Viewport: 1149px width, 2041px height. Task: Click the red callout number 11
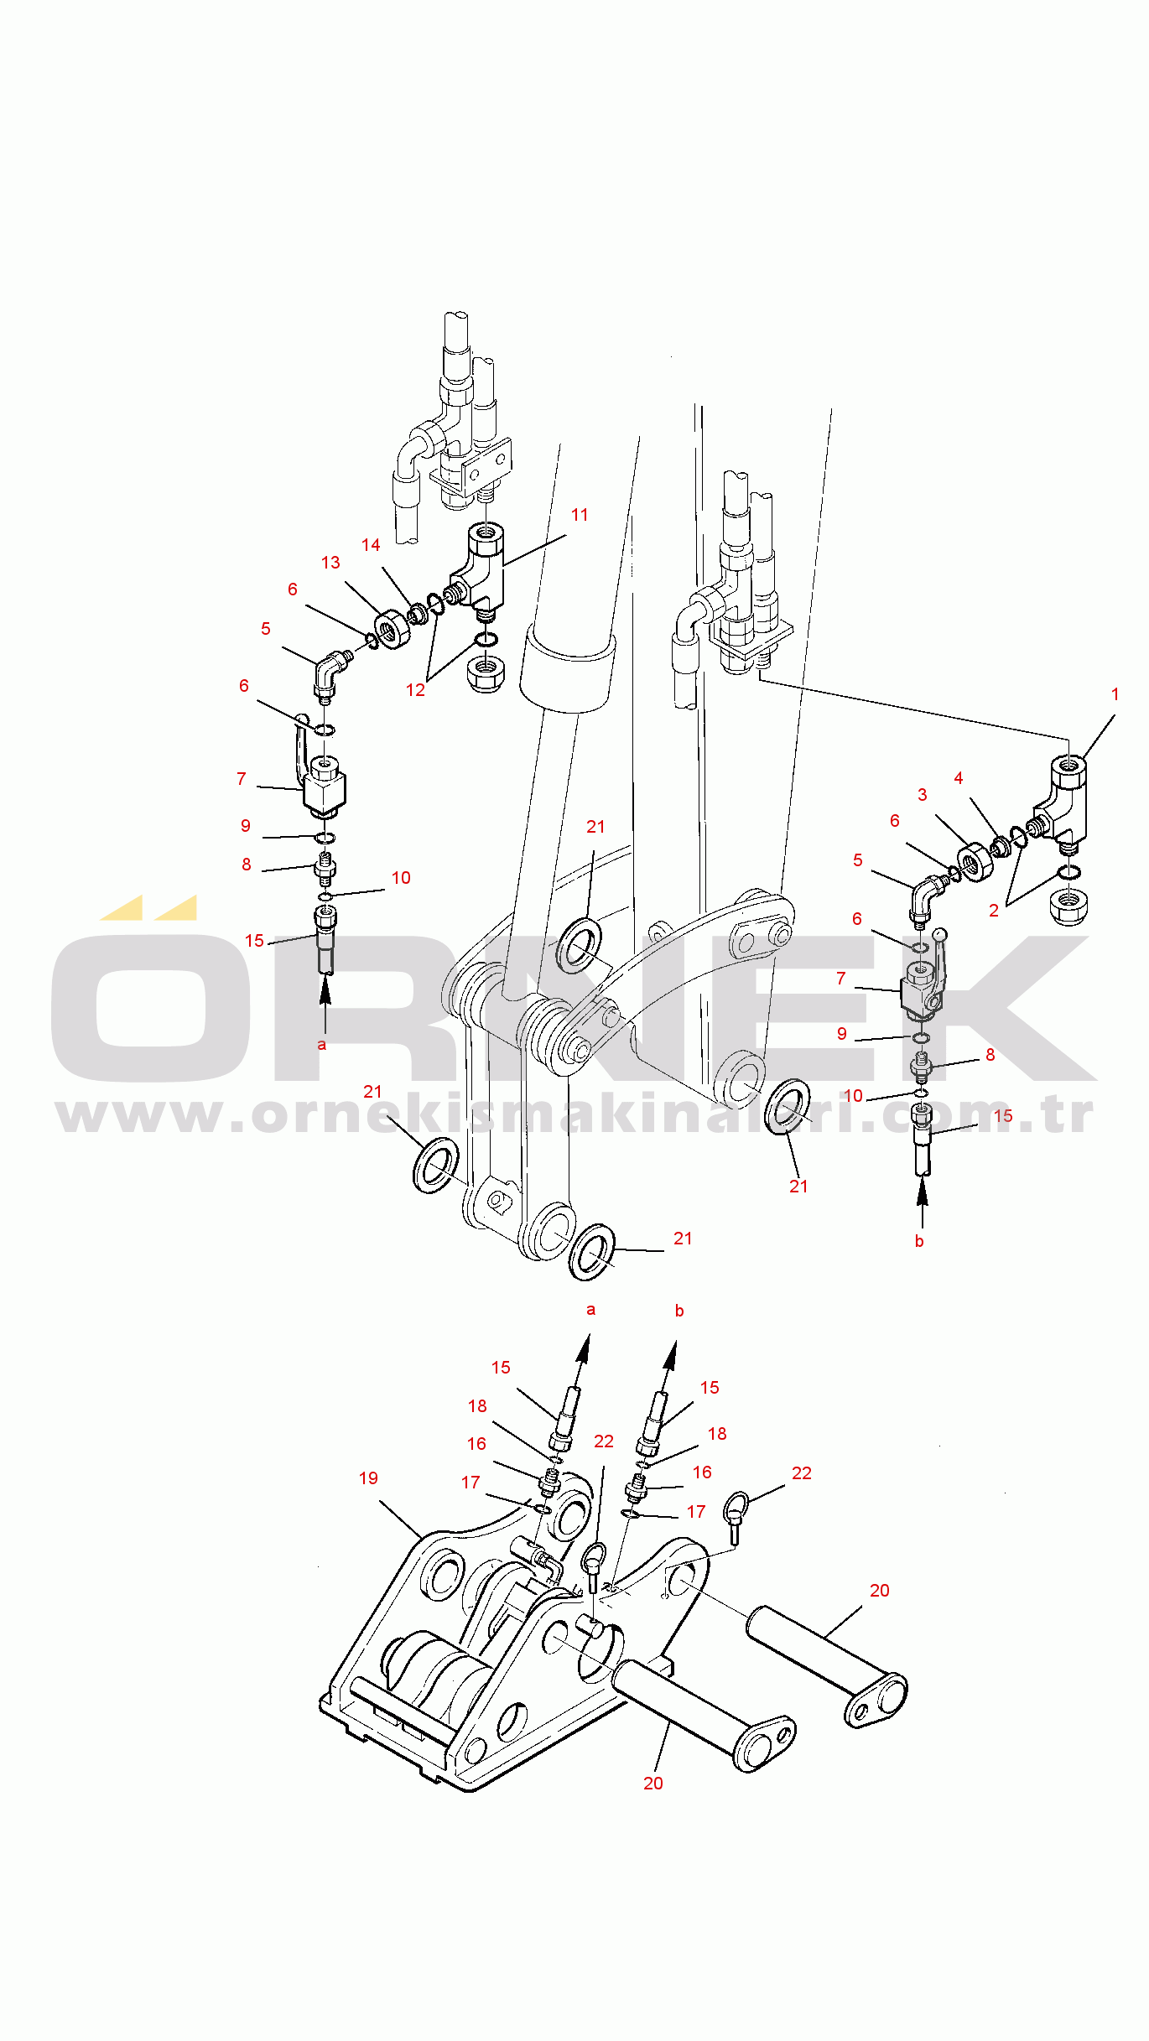(580, 515)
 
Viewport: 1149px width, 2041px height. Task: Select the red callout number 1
(1115, 694)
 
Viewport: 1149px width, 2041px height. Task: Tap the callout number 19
(368, 1478)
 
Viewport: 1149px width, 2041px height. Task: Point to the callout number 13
(330, 563)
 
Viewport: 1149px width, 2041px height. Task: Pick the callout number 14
(371, 545)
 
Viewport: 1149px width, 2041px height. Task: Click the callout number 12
(415, 690)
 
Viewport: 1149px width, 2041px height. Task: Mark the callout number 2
(994, 911)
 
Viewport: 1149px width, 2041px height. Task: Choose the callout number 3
(923, 795)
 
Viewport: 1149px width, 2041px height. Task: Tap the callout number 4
(959, 778)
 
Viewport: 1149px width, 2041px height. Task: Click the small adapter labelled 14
(418, 614)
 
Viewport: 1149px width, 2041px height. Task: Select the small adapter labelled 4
(1000, 847)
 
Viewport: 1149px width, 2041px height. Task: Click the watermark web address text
(574, 1116)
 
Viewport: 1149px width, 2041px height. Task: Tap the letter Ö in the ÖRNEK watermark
(151, 989)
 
